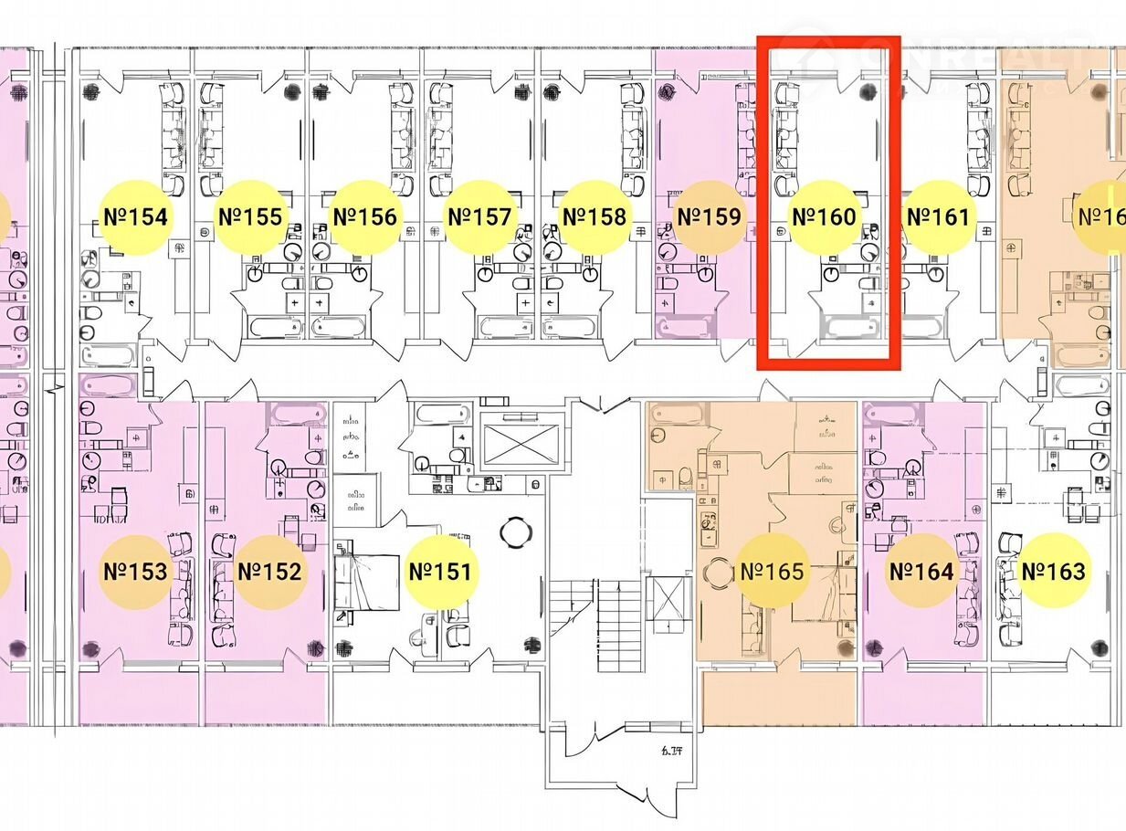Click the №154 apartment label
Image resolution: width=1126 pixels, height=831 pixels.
pos(135,217)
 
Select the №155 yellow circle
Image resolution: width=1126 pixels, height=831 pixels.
pos(249,217)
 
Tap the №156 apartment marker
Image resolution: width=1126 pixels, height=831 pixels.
pos(364,217)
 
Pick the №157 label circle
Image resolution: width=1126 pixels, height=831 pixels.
pos(479,217)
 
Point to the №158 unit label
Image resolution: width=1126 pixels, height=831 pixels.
pos(595,217)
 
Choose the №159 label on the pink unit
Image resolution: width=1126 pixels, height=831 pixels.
pos(708,217)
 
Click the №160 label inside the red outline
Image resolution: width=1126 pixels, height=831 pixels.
pos(824,217)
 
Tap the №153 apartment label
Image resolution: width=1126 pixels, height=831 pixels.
pos(135,572)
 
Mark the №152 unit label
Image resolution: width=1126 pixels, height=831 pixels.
pos(269,572)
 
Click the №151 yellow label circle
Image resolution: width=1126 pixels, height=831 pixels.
pos(440,572)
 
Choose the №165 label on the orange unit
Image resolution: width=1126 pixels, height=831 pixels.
pos(772,572)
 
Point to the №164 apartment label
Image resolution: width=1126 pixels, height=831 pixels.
pos(921,572)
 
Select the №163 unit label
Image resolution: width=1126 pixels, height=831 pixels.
pos(1053,572)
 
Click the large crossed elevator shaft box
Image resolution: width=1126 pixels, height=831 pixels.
pos(517,445)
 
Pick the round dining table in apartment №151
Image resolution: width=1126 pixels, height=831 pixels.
pos(515,531)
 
